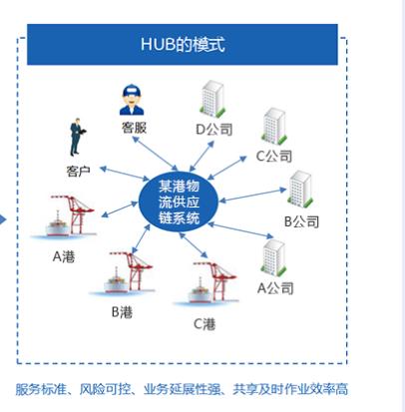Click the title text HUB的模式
[x=183, y=44]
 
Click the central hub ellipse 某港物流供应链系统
[x=179, y=203]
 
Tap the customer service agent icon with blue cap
[x=132, y=100]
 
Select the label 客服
[x=134, y=128]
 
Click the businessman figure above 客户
[x=77, y=137]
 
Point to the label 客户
[x=78, y=172]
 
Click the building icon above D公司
[x=212, y=99]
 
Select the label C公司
[x=274, y=156]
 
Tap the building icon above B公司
[x=300, y=189]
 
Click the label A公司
[x=275, y=288]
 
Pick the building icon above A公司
[x=274, y=257]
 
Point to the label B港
[x=122, y=312]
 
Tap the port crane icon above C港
[x=207, y=283]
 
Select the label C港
[x=204, y=324]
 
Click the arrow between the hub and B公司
[x=252, y=196]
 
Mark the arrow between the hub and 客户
[x=125, y=174]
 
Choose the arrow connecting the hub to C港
[x=194, y=245]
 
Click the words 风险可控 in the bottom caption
[x=105, y=389]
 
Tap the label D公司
[x=213, y=130]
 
